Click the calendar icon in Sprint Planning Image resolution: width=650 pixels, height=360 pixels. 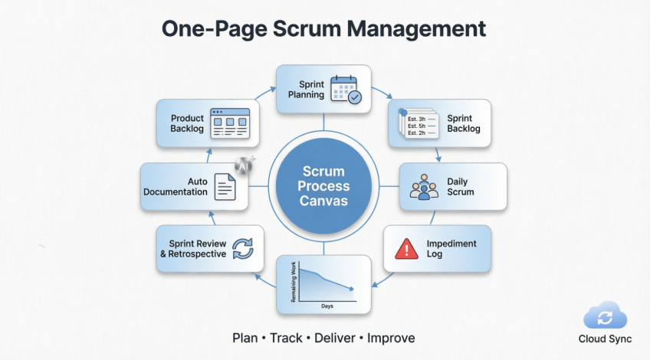(344, 89)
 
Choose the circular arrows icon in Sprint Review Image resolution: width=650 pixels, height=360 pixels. (242, 249)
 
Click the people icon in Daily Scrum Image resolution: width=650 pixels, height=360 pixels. (422, 187)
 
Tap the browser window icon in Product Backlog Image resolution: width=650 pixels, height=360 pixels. (230, 123)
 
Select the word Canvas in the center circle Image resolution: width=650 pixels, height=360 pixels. (324, 201)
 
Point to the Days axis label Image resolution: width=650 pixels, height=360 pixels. (327, 306)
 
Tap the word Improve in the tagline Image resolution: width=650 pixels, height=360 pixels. (391, 338)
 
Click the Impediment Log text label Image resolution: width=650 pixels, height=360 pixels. (451, 249)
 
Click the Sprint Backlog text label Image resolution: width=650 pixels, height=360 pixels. (464, 123)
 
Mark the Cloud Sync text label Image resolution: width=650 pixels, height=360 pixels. (605, 339)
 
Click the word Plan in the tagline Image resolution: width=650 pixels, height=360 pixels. (246, 338)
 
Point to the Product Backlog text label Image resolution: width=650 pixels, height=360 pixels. (187, 123)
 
